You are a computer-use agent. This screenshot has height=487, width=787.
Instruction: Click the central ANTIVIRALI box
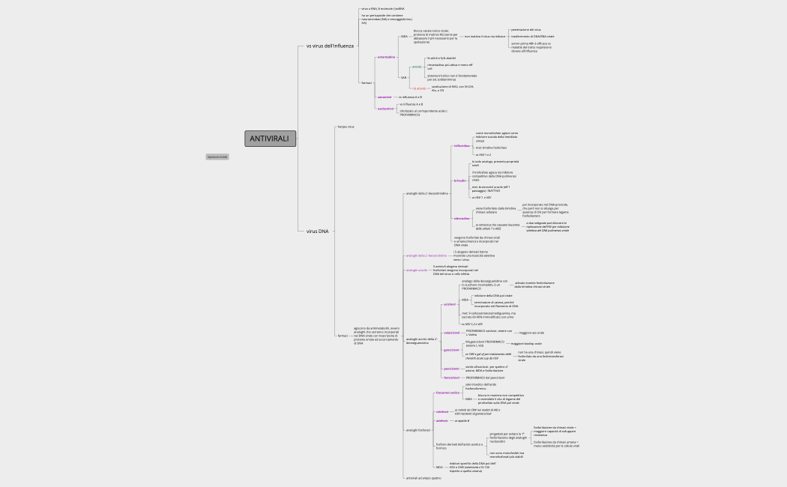coord(271,139)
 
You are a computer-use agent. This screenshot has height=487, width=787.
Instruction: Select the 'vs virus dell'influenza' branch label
coord(330,46)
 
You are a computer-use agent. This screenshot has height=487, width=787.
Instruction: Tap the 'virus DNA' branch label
coord(318,232)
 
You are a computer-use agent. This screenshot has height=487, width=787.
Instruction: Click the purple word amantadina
coord(386,57)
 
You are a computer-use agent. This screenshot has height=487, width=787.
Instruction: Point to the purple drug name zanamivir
coord(385,97)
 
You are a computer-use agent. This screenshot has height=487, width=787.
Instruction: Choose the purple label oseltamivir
coord(386,109)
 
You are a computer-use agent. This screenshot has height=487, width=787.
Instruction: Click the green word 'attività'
coord(417,67)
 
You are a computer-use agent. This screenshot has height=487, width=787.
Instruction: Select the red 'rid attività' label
coord(418,88)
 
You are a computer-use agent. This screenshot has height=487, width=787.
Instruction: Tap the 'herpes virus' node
coord(346,127)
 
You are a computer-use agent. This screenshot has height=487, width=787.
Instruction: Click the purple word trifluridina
coord(462,146)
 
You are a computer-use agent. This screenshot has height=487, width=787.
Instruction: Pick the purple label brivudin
coord(460,181)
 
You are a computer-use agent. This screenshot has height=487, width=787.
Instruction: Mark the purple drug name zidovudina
coord(462,218)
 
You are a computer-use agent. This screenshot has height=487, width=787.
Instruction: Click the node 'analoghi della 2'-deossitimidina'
coord(426,193)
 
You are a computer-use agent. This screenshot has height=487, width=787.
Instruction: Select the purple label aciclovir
coord(450,304)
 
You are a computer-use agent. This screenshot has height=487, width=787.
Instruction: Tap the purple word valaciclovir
coord(452,332)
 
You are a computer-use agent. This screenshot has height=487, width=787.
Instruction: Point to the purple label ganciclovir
coord(451,350)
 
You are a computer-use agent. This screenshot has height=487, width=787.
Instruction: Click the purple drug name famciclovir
coord(451,378)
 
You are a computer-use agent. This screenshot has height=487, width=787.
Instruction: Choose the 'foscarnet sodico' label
coord(447,392)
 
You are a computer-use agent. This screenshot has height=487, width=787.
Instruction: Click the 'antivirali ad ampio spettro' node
coord(423,478)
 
